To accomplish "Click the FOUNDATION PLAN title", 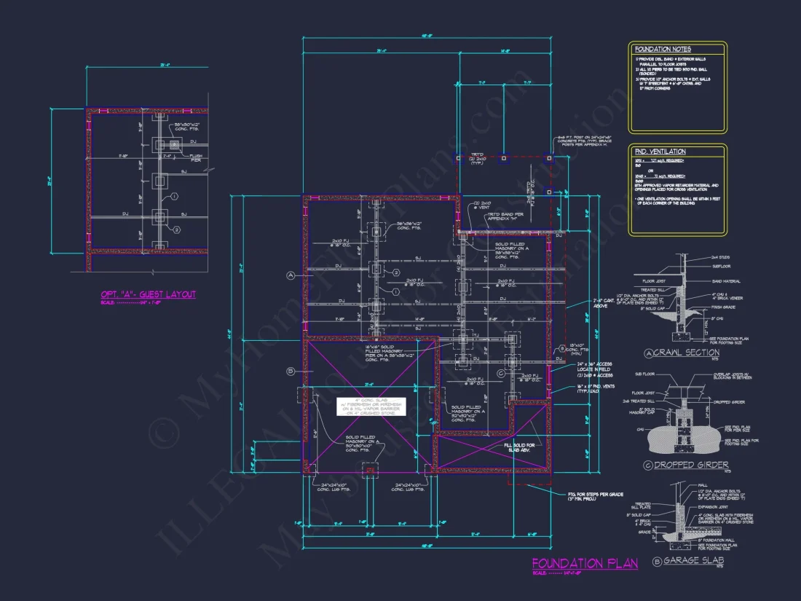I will (x=585, y=563).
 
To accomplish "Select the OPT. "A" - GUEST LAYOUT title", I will (x=148, y=294).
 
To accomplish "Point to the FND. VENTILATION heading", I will (x=660, y=151).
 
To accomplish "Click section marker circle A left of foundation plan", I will (x=290, y=276).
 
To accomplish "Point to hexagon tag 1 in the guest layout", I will (x=175, y=197).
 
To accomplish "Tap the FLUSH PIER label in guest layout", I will (x=196, y=158).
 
